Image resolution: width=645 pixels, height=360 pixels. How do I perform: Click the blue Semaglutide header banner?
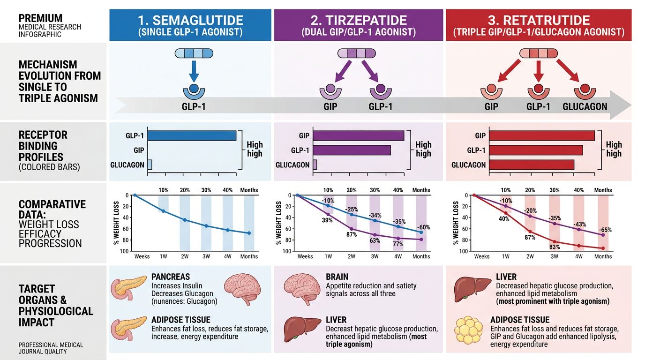click(x=190, y=25)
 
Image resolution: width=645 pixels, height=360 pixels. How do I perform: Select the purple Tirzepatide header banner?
click(x=358, y=25)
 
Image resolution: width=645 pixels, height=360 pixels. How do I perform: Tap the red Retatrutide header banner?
click(x=538, y=25)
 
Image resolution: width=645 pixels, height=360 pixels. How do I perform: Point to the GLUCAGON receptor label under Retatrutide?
click(x=585, y=106)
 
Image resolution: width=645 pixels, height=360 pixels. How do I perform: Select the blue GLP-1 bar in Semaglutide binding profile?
click(x=192, y=135)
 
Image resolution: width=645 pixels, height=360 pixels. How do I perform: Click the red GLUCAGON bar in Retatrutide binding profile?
click(x=532, y=165)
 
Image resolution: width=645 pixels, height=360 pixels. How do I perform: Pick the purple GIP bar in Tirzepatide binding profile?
click(x=358, y=135)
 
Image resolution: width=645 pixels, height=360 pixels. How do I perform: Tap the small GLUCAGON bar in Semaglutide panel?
click(x=150, y=165)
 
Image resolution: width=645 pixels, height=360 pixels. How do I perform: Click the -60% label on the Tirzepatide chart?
click(x=423, y=227)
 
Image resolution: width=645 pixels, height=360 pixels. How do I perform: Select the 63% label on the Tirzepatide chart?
click(x=375, y=241)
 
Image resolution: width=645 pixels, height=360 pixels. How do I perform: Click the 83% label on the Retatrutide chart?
click(x=555, y=247)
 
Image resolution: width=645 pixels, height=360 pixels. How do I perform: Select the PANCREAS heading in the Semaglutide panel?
click(x=171, y=277)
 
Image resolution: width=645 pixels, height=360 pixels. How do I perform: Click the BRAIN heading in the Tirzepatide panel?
click(x=337, y=277)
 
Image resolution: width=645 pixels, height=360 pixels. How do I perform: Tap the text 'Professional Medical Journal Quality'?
click(x=51, y=348)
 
